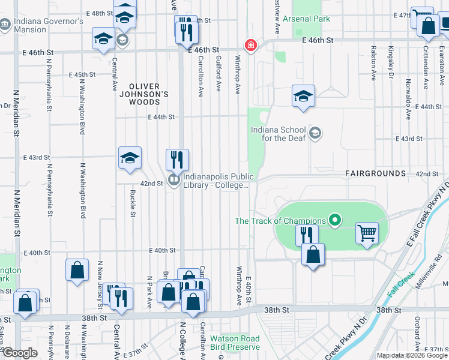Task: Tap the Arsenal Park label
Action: pos(311,19)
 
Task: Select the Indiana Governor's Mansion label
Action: pos(49,25)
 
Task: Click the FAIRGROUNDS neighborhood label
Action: pos(376,173)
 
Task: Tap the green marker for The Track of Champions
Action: pos(336,221)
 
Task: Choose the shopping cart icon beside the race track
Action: pos(367,232)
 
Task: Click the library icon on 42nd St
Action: pos(174,179)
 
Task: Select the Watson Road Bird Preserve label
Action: pos(235,343)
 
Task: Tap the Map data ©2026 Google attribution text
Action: pos(411,355)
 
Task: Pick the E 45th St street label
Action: pos(82,75)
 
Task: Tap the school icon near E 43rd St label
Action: pos(130,158)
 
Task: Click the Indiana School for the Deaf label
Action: pos(279,134)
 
